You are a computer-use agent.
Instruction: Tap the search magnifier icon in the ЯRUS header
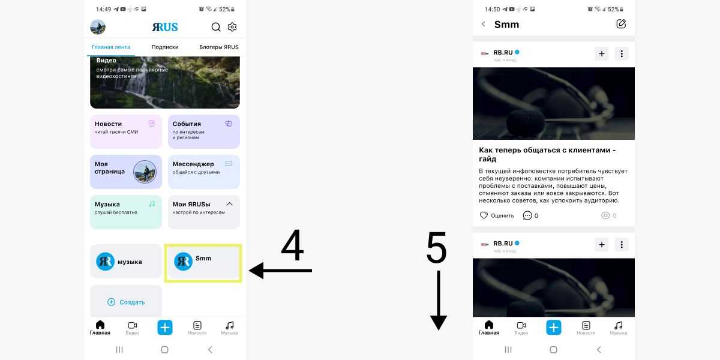tap(216, 27)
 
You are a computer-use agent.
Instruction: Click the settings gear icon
tap(232, 27)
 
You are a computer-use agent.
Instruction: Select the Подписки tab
tap(165, 47)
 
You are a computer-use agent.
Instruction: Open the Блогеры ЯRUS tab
tap(219, 47)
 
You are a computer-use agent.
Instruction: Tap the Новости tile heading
tap(109, 124)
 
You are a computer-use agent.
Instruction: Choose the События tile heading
tap(187, 124)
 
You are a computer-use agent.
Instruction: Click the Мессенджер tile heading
tap(193, 164)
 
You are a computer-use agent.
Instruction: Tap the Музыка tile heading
tap(107, 204)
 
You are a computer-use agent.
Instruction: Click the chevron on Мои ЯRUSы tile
tap(229, 204)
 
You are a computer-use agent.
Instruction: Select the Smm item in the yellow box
tap(203, 263)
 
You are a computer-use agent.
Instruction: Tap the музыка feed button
tap(126, 262)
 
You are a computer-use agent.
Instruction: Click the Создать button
tap(126, 302)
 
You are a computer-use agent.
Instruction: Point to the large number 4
tap(292, 245)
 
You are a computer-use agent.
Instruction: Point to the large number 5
tap(437, 247)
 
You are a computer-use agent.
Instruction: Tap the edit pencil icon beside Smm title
tap(621, 24)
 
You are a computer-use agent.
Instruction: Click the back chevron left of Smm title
tap(483, 24)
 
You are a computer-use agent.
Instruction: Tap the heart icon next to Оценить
tap(484, 215)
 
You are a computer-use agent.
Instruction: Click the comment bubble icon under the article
tap(527, 215)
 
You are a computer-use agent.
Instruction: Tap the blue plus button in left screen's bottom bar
tap(165, 328)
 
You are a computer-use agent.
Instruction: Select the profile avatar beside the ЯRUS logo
tap(98, 27)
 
